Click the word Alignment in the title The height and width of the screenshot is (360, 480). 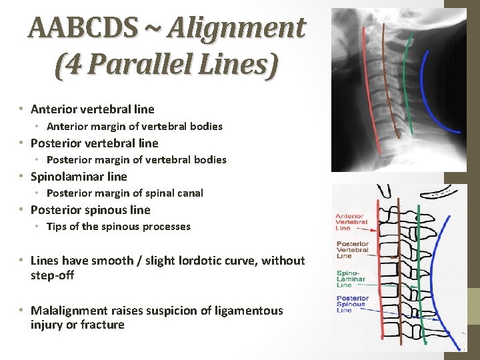click(x=237, y=28)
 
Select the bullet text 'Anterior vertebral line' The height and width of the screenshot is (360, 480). click(x=92, y=109)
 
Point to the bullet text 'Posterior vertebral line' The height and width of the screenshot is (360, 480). click(x=94, y=143)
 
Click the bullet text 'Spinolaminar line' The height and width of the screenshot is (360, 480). click(x=79, y=176)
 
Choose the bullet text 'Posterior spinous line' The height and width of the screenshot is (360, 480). click(x=90, y=209)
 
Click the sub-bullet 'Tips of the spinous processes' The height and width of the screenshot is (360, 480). click(x=118, y=227)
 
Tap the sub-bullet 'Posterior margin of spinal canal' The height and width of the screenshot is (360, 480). click(x=125, y=193)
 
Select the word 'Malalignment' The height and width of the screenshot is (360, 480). click(x=69, y=311)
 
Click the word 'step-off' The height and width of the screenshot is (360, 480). click(x=52, y=275)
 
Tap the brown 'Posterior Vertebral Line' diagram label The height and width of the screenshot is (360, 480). click(x=353, y=249)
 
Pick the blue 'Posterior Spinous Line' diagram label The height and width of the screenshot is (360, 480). click(x=353, y=303)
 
